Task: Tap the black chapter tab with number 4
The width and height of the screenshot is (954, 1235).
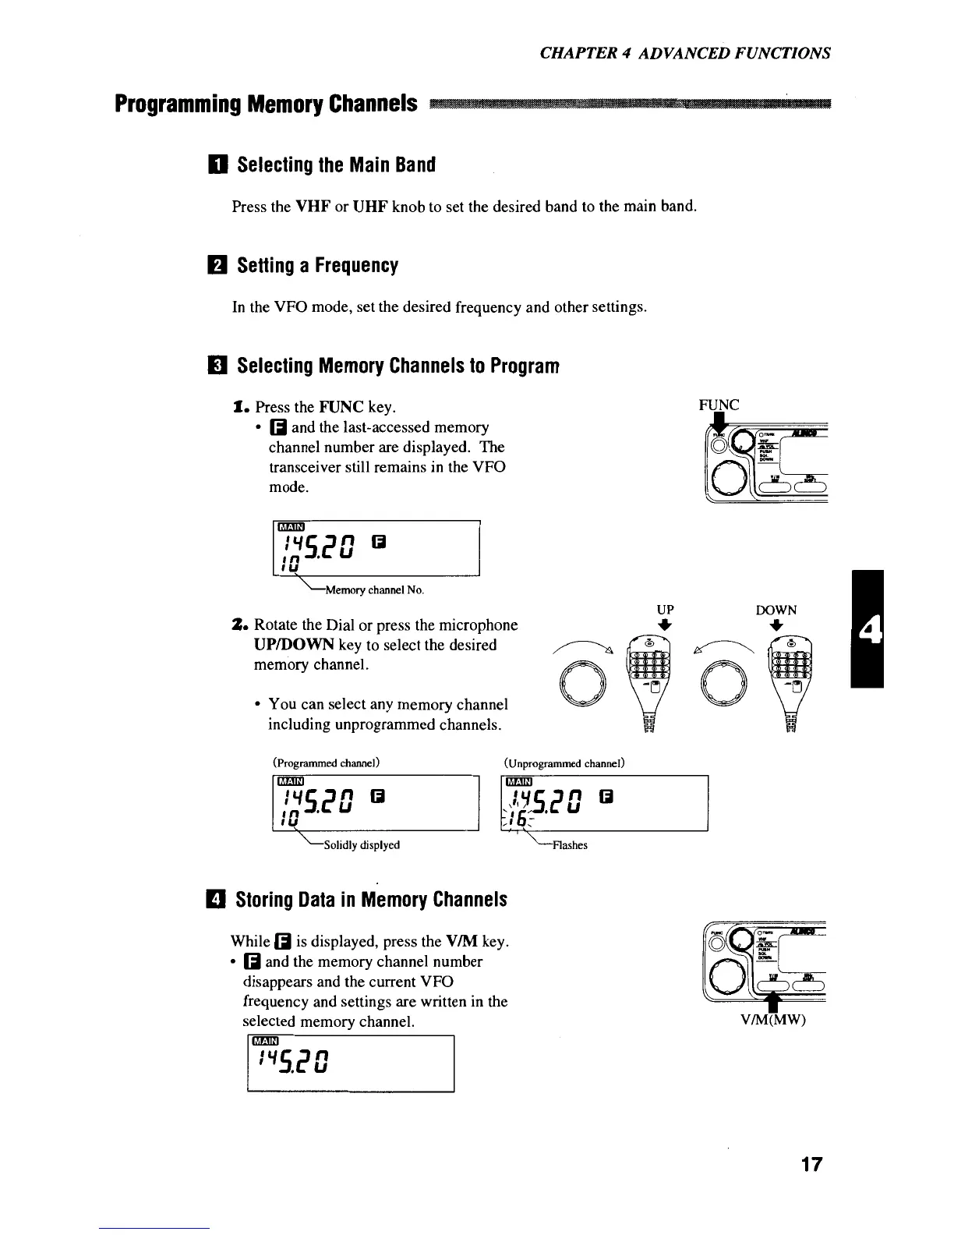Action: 867,628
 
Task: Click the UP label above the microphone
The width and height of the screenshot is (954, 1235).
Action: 665,610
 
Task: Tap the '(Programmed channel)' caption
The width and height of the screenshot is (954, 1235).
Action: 326,762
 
